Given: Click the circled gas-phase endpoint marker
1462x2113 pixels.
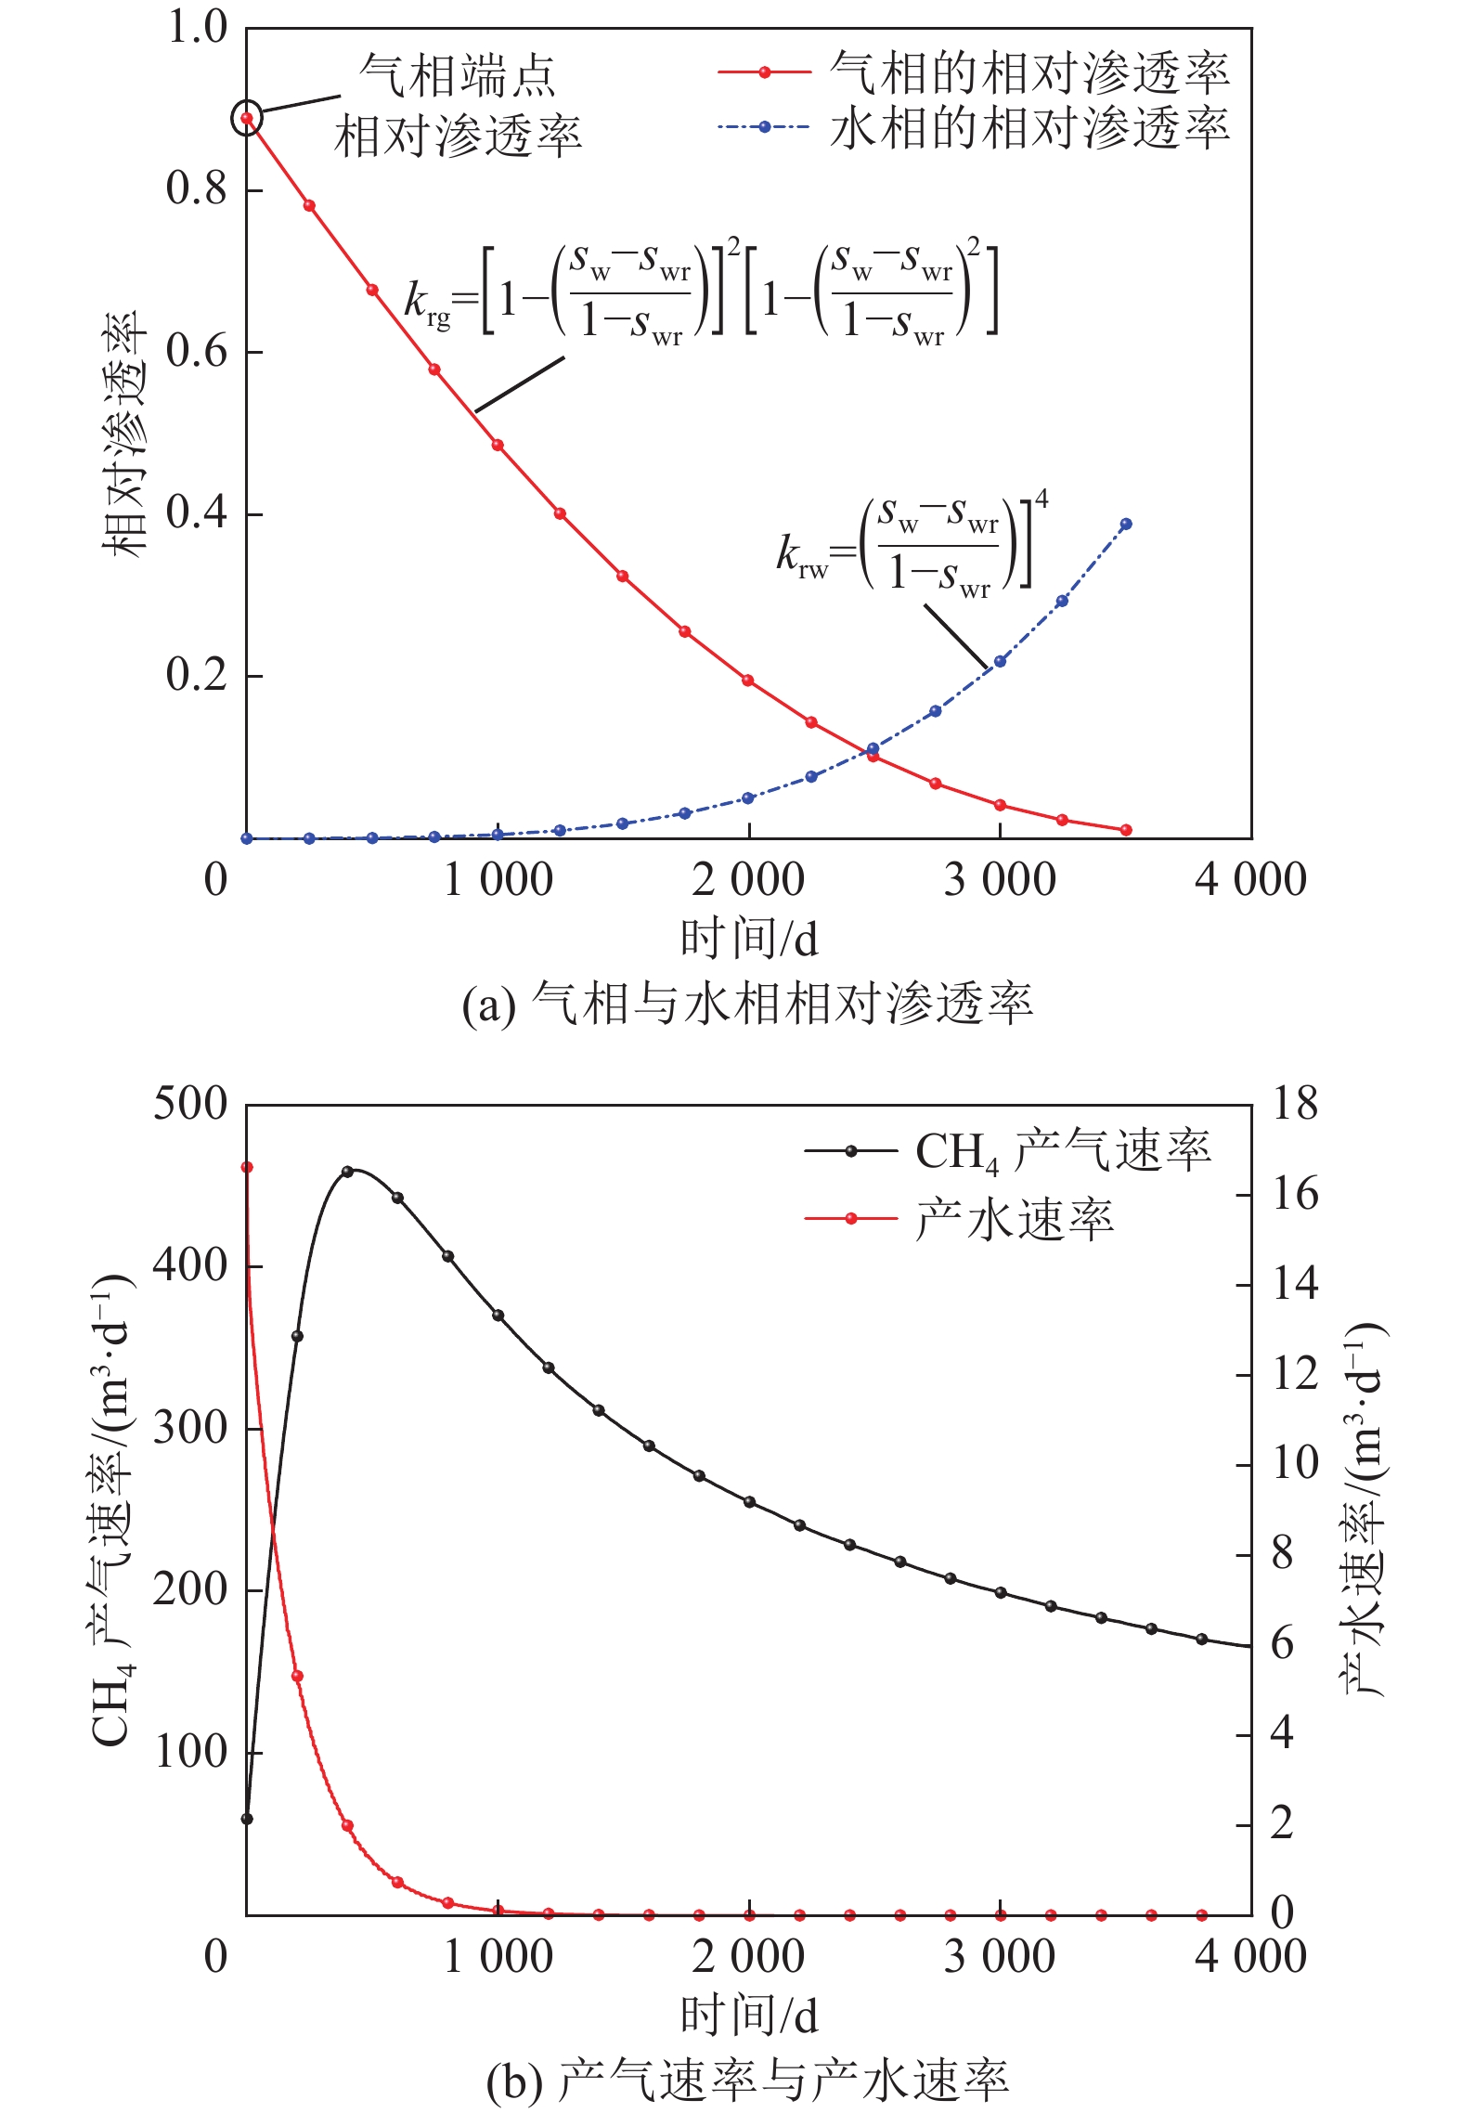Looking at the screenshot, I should pos(247,118).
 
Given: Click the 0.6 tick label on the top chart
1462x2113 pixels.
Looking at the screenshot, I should pos(196,352).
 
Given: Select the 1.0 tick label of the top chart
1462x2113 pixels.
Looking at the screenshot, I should pos(196,28).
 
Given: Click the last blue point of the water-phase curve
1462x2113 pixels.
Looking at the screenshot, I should pos(1126,525).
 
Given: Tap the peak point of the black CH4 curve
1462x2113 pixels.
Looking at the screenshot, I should pos(348,1172).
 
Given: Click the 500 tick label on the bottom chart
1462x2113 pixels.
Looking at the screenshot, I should pos(189,1105).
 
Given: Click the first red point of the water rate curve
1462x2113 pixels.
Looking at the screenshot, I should pos(247,1168).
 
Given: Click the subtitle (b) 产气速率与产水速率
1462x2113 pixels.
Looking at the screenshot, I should pos(747,2081).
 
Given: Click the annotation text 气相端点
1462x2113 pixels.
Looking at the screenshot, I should pos(457,75).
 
